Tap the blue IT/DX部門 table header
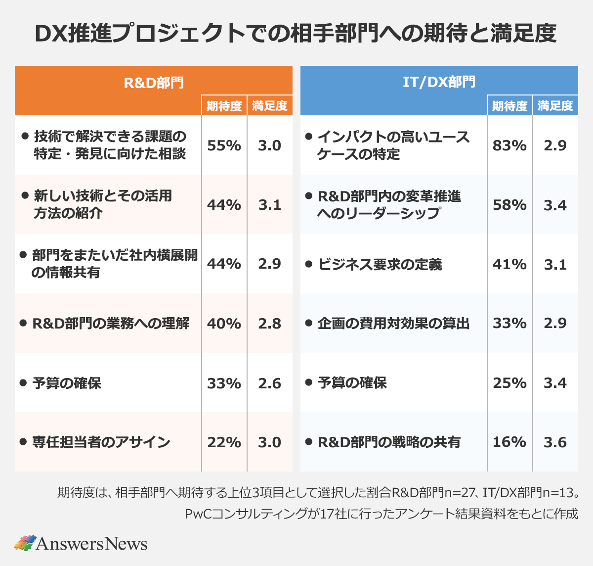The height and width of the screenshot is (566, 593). [439, 81]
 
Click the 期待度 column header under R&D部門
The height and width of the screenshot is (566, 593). [224, 106]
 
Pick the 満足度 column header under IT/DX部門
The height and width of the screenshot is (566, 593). [555, 106]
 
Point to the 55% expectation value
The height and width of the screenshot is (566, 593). [224, 145]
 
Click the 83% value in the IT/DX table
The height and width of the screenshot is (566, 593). [509, 145]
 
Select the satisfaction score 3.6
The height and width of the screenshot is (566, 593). [555, 442]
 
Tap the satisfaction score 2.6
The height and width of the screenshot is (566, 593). [269, 383]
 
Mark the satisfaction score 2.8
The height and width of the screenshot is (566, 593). [269, 324]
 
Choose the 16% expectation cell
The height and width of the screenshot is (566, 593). [509, 442]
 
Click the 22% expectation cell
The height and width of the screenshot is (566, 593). [224, 442]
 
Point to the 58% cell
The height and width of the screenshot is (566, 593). [509, 205]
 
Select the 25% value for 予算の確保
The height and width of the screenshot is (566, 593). [509, 383]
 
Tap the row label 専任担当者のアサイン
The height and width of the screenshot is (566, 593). [101, 442]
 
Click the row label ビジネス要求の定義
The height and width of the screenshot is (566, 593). [380, 264]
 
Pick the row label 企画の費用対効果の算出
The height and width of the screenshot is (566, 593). [393, 324]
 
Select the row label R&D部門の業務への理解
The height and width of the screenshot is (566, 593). [111, 324]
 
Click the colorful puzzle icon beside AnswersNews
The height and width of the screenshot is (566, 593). [25, 543]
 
